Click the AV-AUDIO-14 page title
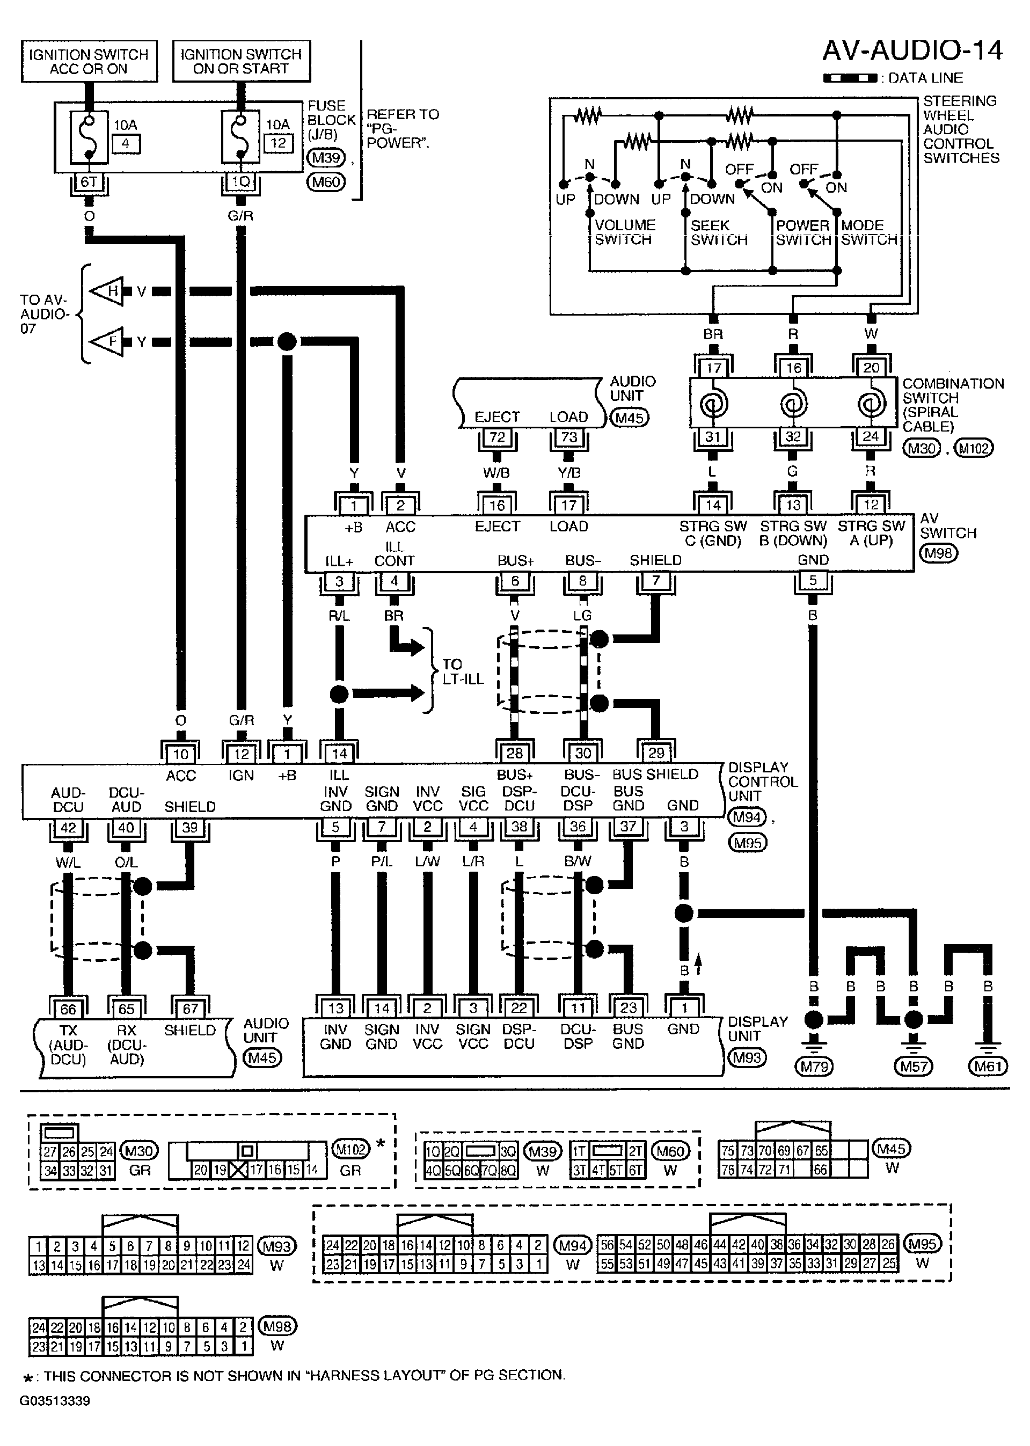pyautogui.click(x=912, y=52)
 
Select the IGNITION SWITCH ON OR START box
pyautogui.click(x=242, y=62)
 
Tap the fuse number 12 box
pyautogui.click(x=279, y=143)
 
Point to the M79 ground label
pyautogui.click(x=814, y=1067)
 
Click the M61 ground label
pyautogui.click(x=988, y=1067)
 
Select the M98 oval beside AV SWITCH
pyautogui.click(x=938, y=553)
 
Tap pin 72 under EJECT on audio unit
pyautogui.click(x=497, y=437)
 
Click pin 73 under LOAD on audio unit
pyautogui.click(x=569, y=437)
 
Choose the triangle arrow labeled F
pyautogui.click(x=109, y=342)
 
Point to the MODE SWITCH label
pyautogui.click(x=869, y=232)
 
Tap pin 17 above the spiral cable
pyautogui.click(x=713, y=368)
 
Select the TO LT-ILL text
pyautogui.click(x=463, y=671)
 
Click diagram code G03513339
pyautogui.click(x=55, y=1401)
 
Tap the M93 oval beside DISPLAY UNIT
pyautogui.click(x=747, y=1057)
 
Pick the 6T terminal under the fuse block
pyautogui.click(x=89, y=182)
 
